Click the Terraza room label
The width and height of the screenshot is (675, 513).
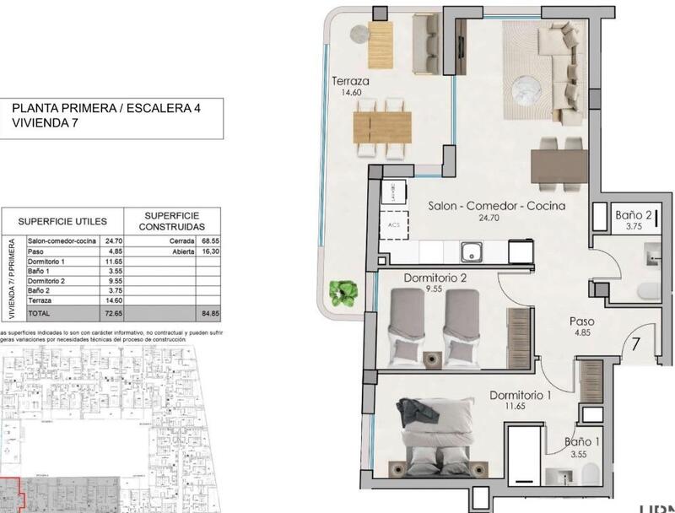pos(350,82)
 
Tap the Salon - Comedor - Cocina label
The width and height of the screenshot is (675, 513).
pos(496,206)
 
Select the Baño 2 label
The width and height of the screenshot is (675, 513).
pos(631,215)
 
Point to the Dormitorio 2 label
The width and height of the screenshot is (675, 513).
pos(436,278)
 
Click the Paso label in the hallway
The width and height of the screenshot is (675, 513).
pos(582,321)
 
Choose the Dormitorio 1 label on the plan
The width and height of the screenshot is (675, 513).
pos(521,395)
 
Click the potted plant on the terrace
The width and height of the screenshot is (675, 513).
pos(343,292)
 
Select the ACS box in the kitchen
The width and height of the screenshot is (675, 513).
pos(393,225)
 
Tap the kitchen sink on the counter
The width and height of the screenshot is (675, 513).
pos(470,251)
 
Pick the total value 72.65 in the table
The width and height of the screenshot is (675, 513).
pos(111,312)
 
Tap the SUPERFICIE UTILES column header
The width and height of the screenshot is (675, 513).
pos(62,221)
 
